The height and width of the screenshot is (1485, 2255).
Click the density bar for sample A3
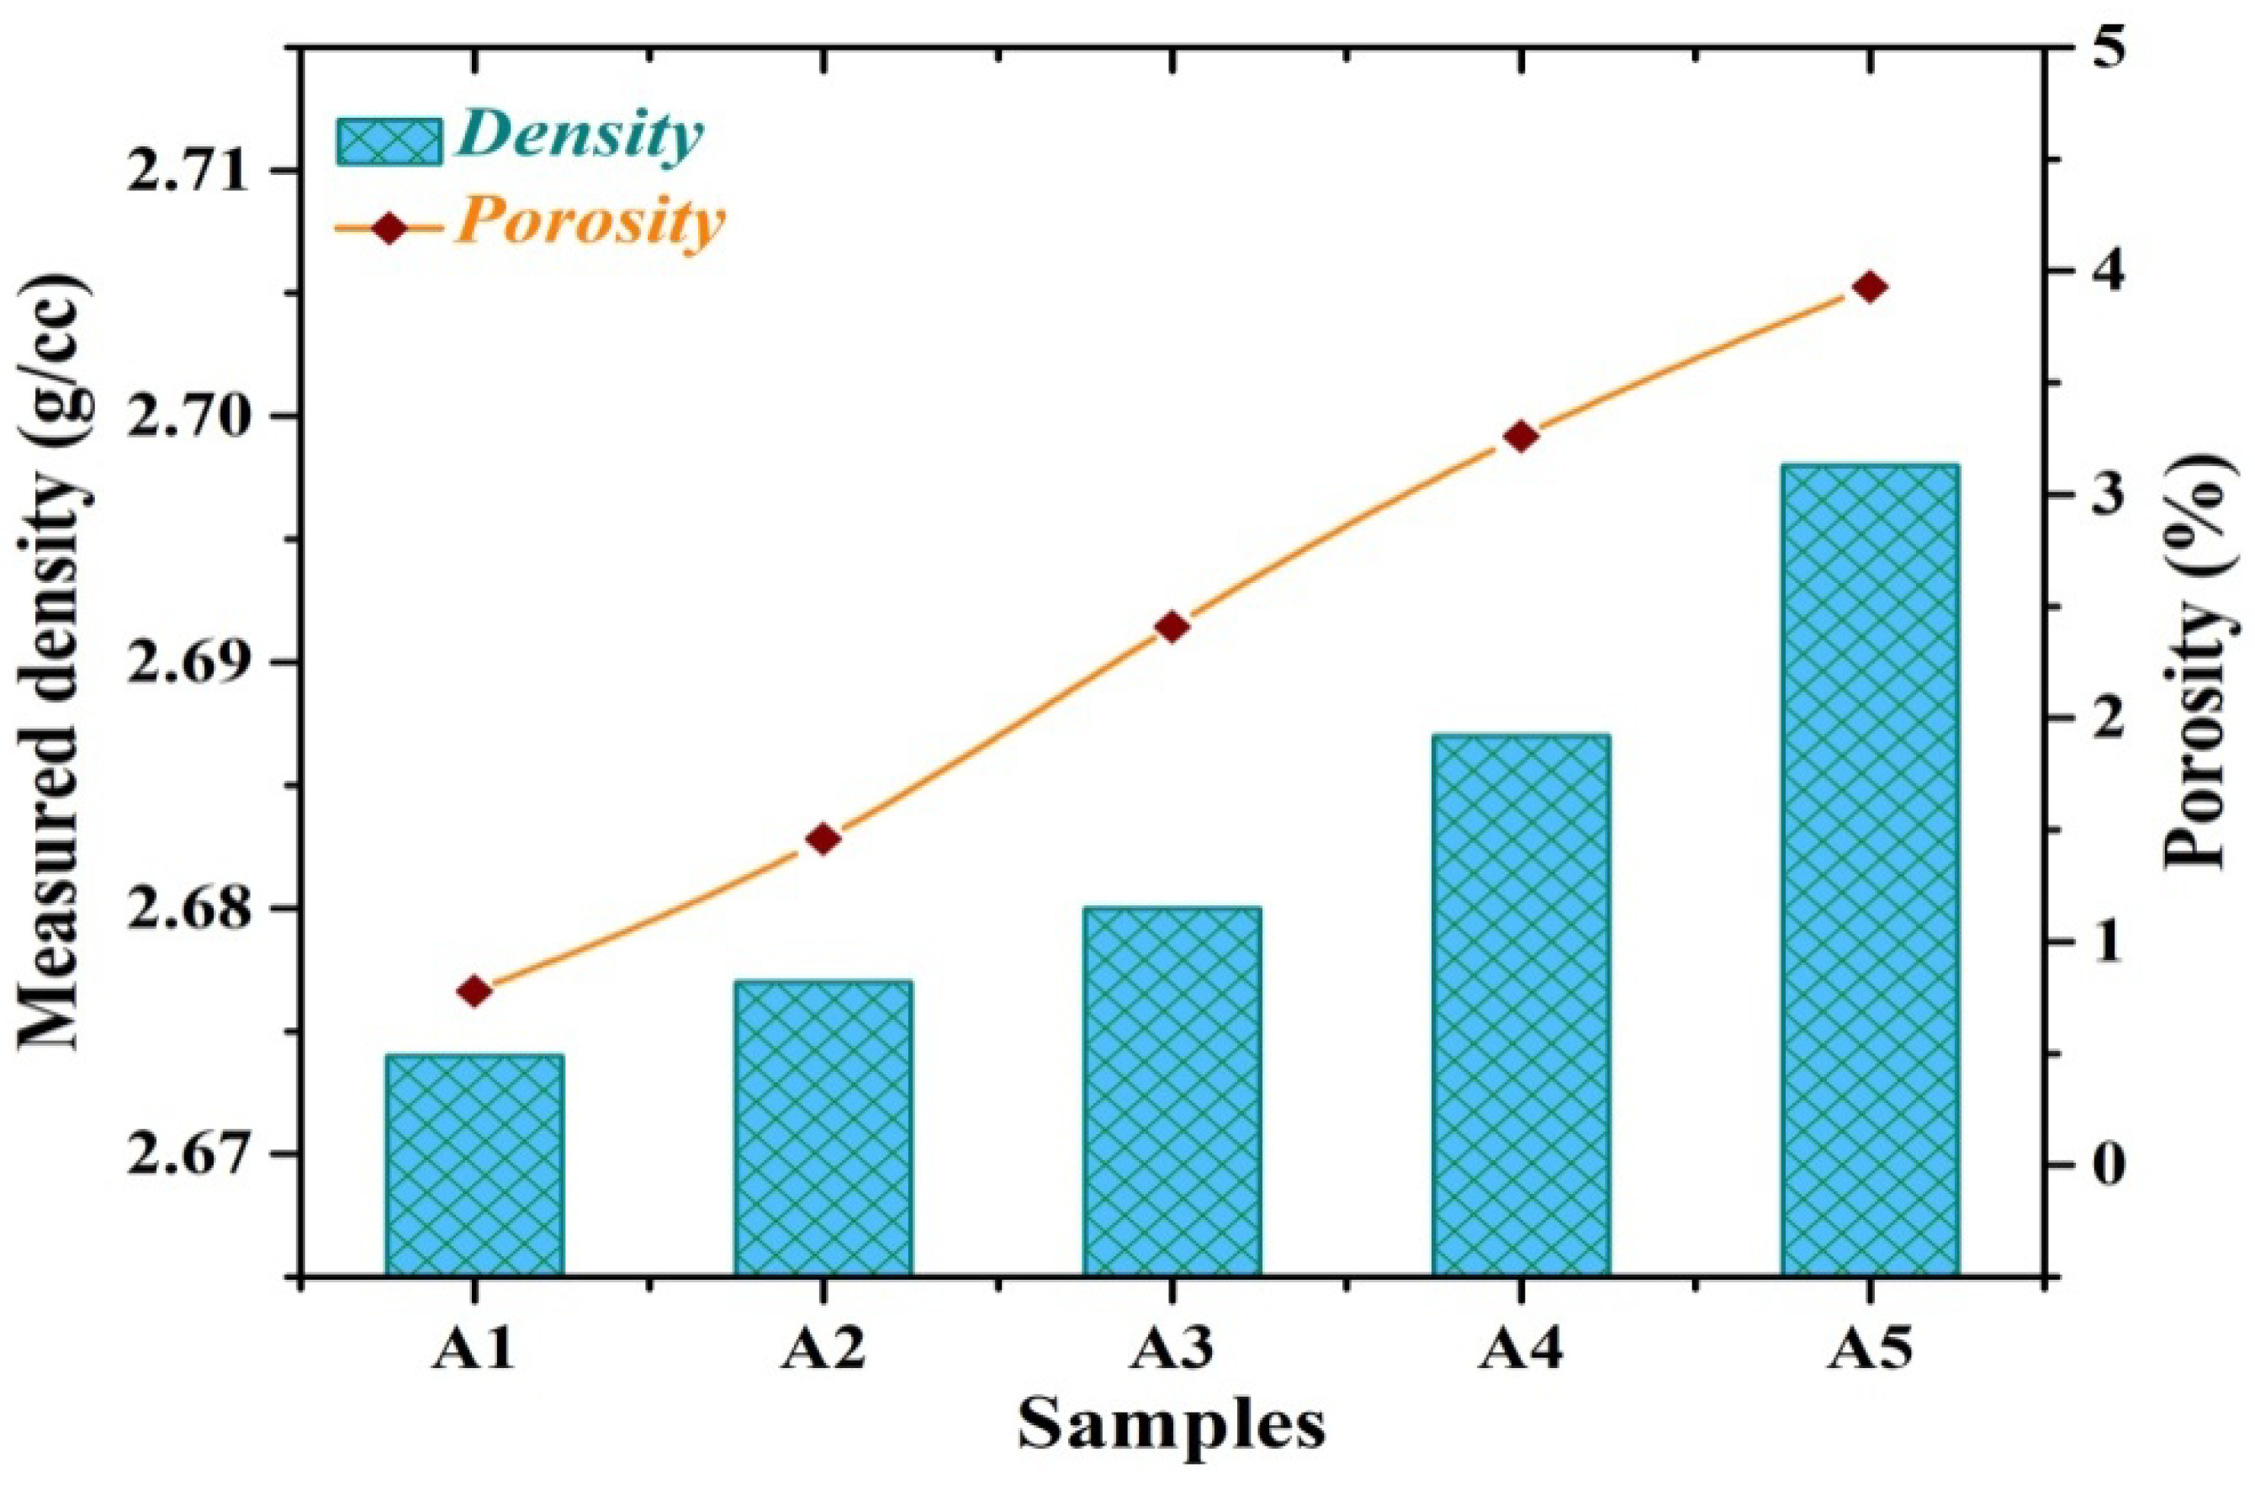pos(1172,1090)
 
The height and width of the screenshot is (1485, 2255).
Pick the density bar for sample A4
pos(1521,1005)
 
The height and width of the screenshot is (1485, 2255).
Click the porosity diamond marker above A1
pos(474,991)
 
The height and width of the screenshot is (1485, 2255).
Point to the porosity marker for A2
pos(823,839)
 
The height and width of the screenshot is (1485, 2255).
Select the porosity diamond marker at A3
pos(1172,628)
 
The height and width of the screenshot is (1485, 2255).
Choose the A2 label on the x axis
pos(823,1352)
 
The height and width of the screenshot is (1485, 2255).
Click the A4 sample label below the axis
pos(1521,1352)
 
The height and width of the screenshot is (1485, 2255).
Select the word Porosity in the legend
pos(589,225)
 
